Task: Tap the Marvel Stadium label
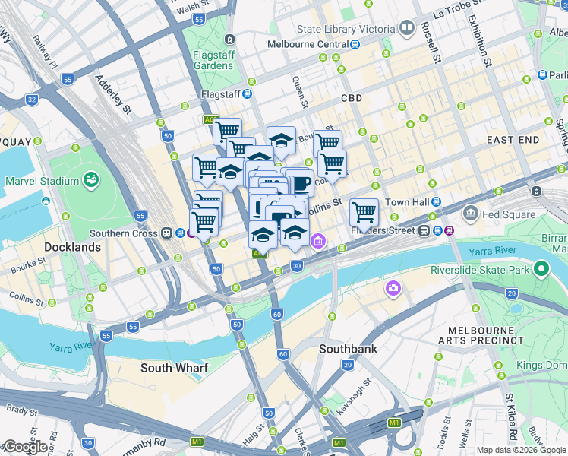(42, 181)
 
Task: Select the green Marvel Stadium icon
(91, 180)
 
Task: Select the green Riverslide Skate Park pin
(541, 268)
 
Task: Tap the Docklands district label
(72, 247)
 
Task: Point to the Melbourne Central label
(307, 44)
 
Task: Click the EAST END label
(513, 140)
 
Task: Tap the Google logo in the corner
(25, 447)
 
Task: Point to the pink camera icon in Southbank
(393, 287)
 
